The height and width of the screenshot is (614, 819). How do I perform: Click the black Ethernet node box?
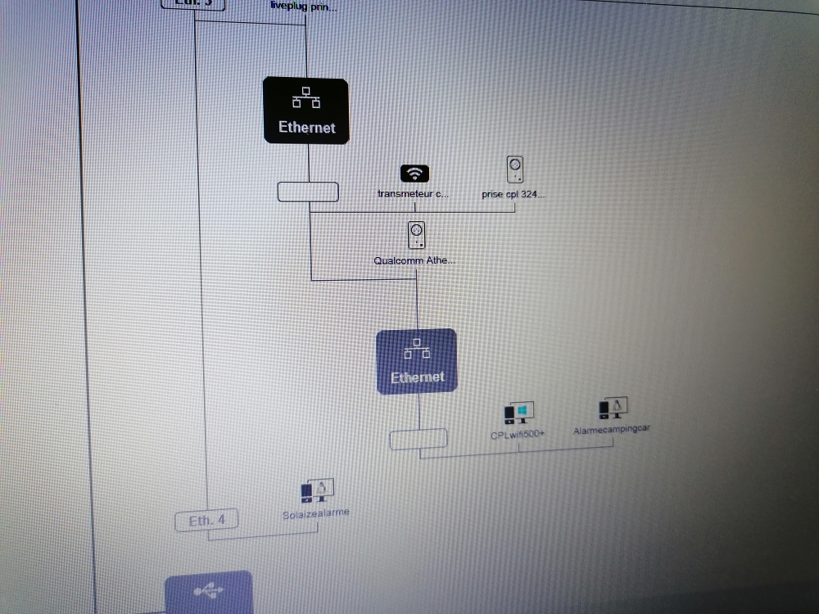click(306, 111)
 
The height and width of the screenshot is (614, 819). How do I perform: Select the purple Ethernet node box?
click(416, 361)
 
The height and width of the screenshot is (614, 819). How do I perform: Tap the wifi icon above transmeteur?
click(415, 174)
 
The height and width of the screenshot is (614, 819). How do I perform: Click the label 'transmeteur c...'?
click(414, 194)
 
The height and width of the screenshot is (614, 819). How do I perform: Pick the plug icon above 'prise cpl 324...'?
click(514, 169)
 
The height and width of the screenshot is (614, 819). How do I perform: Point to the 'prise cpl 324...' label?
click(513, 195)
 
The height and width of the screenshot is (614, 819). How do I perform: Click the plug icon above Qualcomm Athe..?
click(416, 236)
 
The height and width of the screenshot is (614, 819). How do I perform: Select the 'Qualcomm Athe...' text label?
click(415, 261)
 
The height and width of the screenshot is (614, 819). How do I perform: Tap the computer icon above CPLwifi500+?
click(519, 413)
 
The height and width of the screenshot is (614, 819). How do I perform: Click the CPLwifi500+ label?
click(518, 435)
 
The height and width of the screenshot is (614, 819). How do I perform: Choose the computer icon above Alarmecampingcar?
click(613, 408)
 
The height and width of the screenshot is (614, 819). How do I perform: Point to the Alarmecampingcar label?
click(612, 428)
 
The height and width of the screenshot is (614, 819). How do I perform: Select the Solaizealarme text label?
click(316, 512)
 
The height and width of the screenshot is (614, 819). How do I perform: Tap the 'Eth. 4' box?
click(206, 520)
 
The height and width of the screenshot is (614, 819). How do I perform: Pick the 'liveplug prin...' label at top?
click(303, 6)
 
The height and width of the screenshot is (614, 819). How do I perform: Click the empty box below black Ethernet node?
click(308, 192)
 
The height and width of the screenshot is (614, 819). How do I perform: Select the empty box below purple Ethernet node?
click(419, 439)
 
